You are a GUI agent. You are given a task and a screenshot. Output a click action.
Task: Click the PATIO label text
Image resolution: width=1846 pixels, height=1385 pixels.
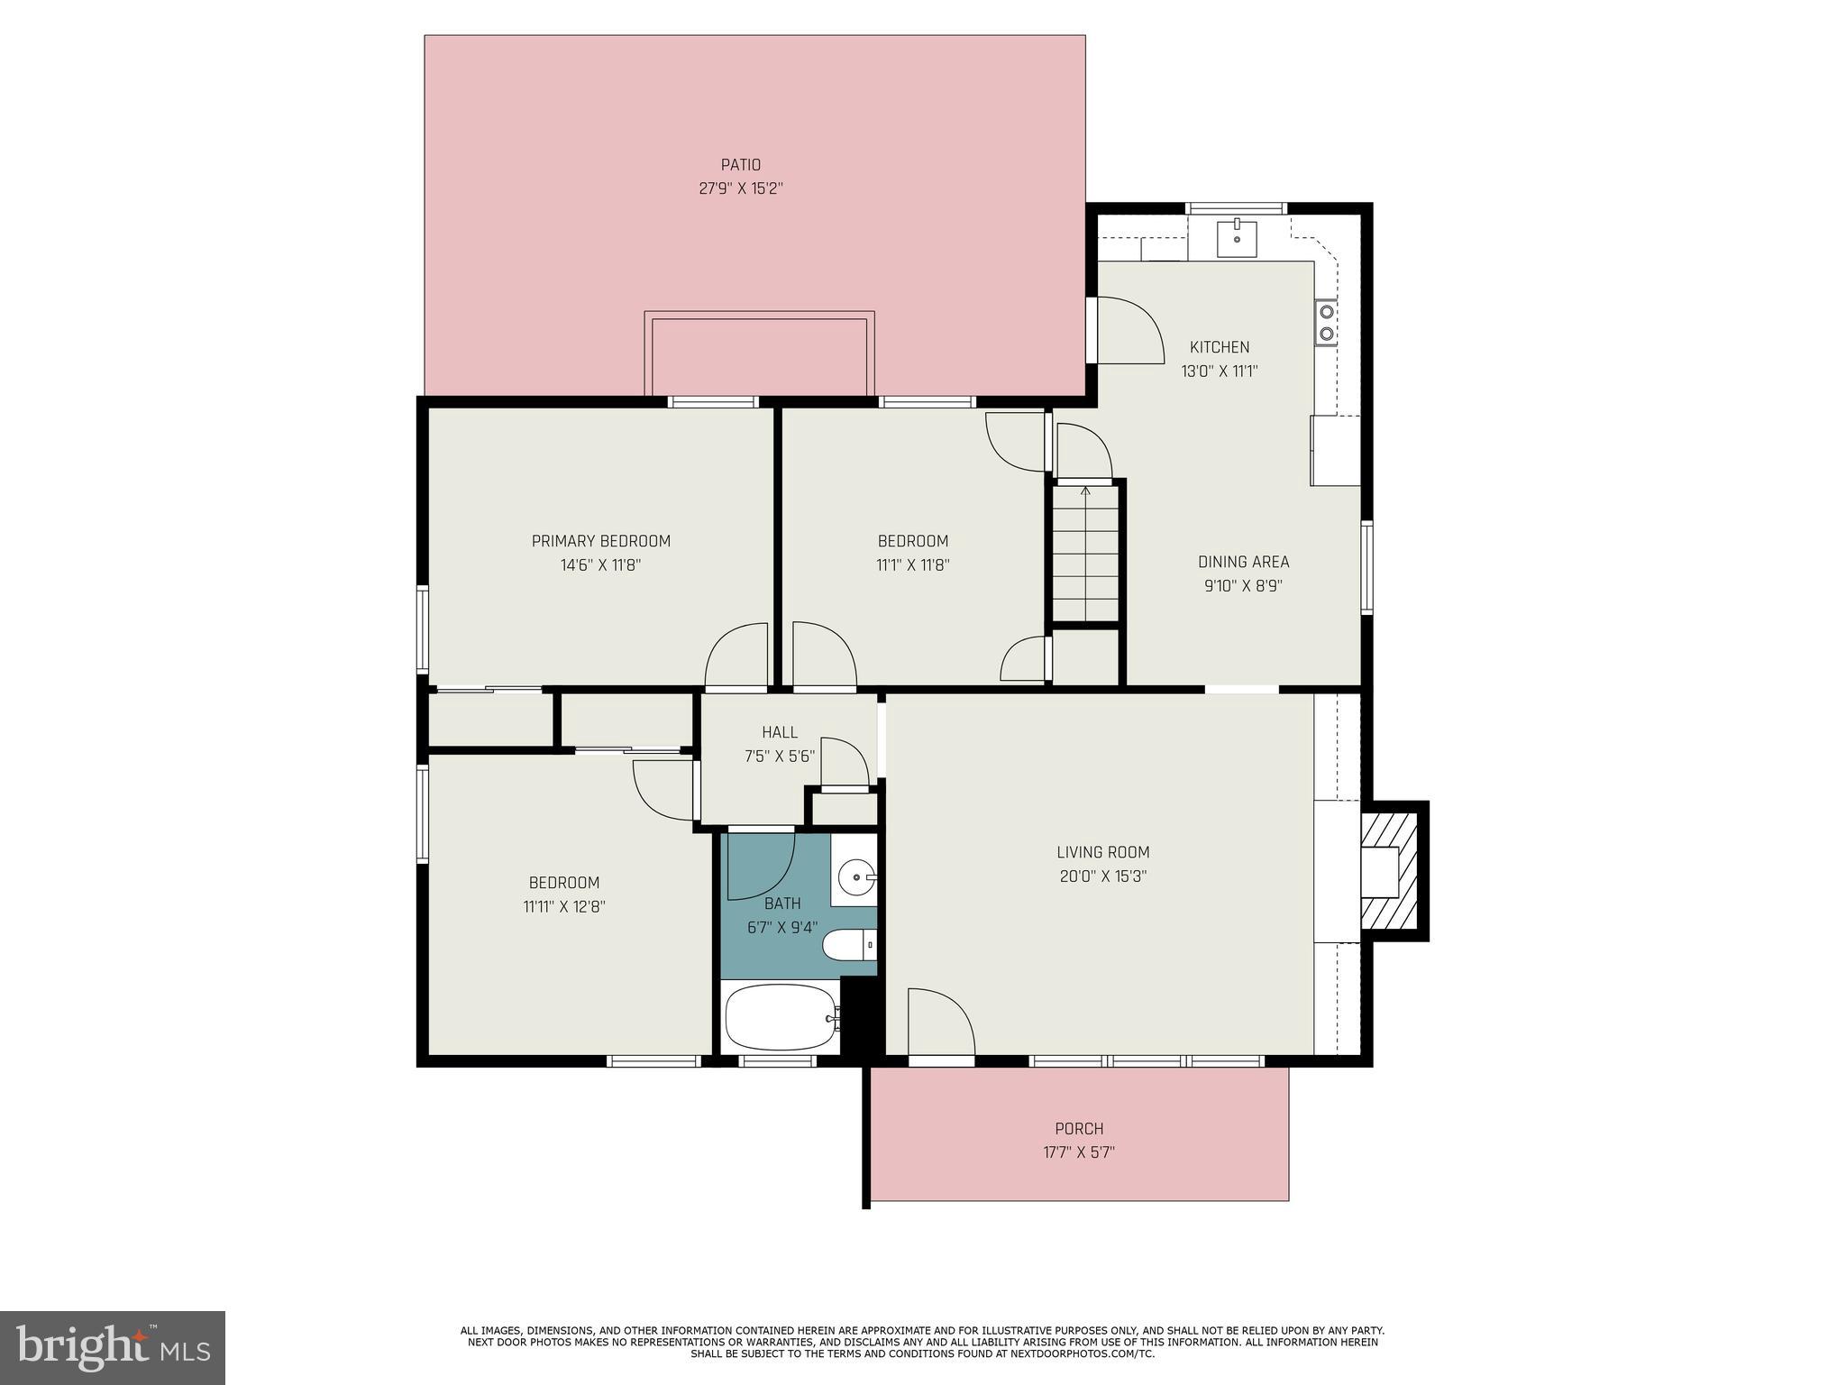pyautogui.click(x=740, y=165)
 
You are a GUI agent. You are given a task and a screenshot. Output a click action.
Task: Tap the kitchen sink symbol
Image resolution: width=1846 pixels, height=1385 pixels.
pyautogui.click(x=1237, y=238)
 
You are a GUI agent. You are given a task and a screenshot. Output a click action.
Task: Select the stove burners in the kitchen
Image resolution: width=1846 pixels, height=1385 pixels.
pyautogui.click(x=1326, y=323)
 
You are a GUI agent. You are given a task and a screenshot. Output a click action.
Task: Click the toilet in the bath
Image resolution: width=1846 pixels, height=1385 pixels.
pyautogui.click(x=848, y=946)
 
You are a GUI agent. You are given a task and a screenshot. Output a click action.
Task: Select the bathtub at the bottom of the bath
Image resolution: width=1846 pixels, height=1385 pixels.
pyautogui.click(x=781, y=1017)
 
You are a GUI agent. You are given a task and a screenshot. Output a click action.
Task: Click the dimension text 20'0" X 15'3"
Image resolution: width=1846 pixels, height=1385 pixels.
pyautogui.click(x=1102, y=876)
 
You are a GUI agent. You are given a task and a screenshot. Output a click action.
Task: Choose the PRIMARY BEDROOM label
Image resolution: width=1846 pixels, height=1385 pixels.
pyautogui.click(x=600, y=541)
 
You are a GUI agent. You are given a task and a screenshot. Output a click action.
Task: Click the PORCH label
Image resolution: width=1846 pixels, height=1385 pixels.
pyautogui.click(x=1079, y=1129)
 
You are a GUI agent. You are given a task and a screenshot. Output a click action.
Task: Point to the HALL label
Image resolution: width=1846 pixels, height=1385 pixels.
pyautogui.click(x=779, y=732)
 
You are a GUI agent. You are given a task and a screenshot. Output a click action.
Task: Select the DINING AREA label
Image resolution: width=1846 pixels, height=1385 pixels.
pyautogui.click(x=1243, y=562)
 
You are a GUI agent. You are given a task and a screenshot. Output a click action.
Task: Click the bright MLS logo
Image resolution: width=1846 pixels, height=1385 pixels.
pyautogui.click(x=112, y=1347)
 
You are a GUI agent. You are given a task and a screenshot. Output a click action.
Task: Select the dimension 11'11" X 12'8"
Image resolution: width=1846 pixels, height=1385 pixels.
pyautogui.click(x=563, y=907)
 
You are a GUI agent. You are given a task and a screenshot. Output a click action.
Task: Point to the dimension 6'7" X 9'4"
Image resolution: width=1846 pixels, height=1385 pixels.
pyautogui.click(x=781, y=927)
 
